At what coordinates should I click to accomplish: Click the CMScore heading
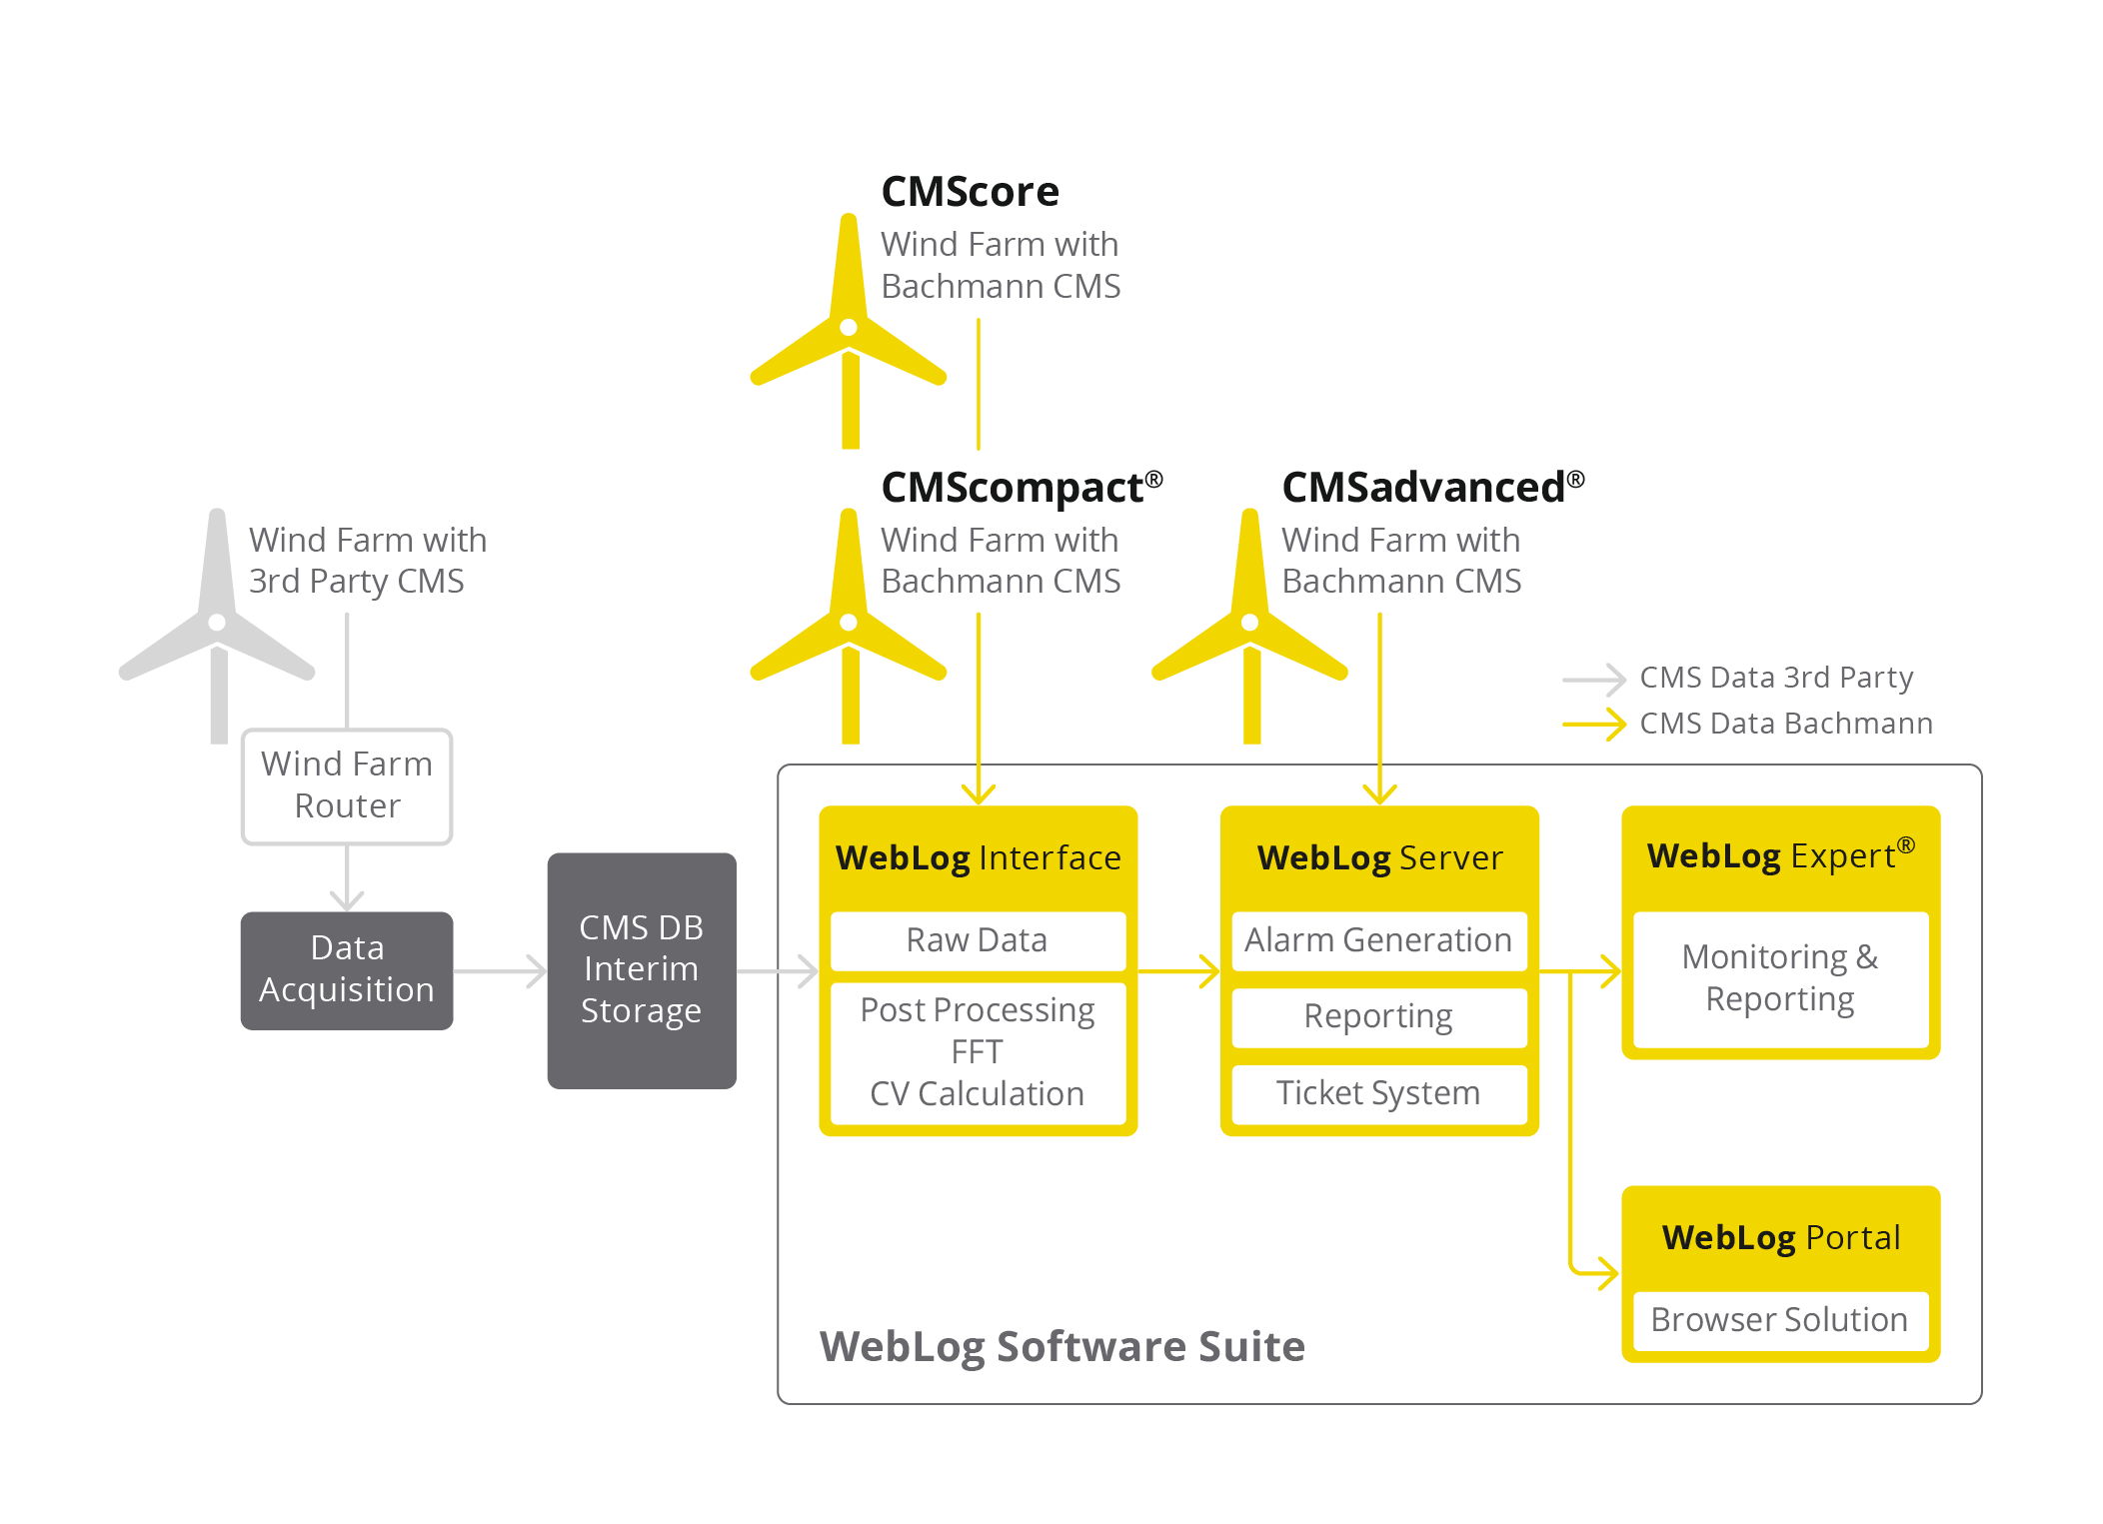[x=969, y=192]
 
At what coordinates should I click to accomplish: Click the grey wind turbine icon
[x=217, y=625]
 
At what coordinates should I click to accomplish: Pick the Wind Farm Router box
[x=347, y=785]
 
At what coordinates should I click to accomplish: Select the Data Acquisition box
[x=347, y=969]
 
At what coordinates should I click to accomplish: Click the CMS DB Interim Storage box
[x=642, y=969]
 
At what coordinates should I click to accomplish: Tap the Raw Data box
[x=978, y=940]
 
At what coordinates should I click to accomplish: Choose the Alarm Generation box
[x=1378, y=940]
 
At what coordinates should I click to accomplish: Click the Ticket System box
[x=1378, y=1093]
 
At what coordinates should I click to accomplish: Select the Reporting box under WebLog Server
[x=1378, y=1017]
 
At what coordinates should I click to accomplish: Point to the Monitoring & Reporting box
[x=1780, y=978]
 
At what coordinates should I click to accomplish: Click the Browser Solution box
[x=1780, y=1320]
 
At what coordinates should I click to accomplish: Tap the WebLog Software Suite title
[x=1061, y=1347]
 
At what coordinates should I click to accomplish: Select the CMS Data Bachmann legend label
[x=1786, y=724]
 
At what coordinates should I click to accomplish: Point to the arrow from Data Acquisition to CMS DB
[x=500, y=970]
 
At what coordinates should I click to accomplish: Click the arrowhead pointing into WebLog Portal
[x=1607, y=1273]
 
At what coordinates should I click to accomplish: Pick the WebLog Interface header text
[x=978, y=858]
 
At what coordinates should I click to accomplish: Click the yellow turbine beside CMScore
[x=849, y=330]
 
